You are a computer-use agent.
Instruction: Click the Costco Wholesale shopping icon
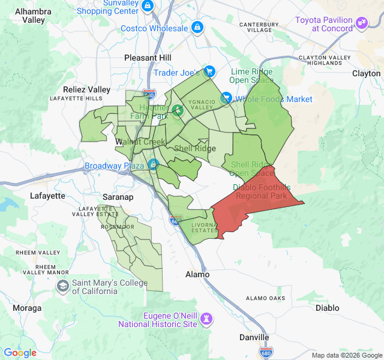click(x=196, y=28)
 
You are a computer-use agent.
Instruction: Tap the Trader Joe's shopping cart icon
click(x=208, y=72)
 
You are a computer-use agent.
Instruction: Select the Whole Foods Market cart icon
click(x=226, y=98)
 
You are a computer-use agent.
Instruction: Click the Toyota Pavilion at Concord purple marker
click(x=361, y=23)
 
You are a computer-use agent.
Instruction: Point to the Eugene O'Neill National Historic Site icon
click(x=208, y=317)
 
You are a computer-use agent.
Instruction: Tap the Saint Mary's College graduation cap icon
click(x=62, y=286)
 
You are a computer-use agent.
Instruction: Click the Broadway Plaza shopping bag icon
click(x=153, y=164)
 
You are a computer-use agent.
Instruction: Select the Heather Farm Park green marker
click(x=177, y=110)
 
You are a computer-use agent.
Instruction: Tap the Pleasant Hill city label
click(x=148, y=58)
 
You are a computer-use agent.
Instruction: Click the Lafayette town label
click(x=47, y=196)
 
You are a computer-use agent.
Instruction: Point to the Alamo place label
click(x=197, y=274)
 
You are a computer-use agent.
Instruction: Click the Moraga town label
click(x=28, y=308)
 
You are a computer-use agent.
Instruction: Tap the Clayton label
click(x=366, y=73)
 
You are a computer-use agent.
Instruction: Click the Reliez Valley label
click(x=86, y=89)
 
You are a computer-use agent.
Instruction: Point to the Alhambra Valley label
click(x=34, y=16)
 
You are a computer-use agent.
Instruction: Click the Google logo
click(x=20, y=353)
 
